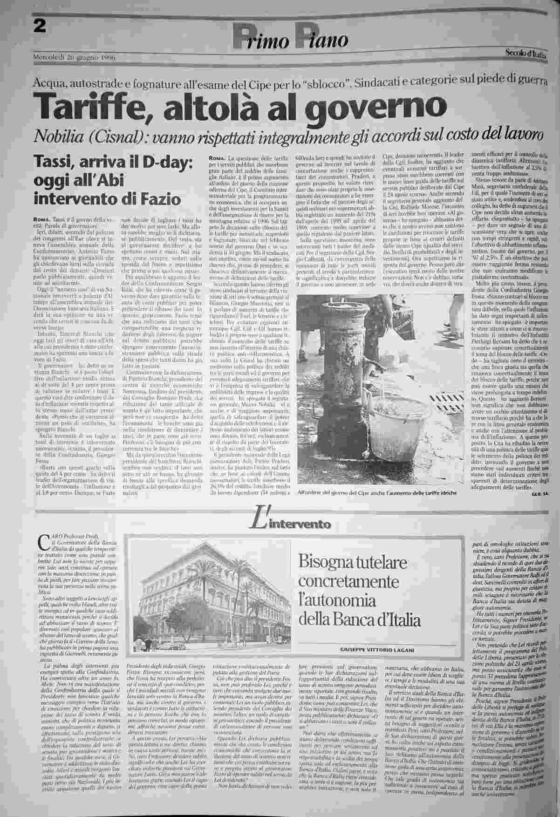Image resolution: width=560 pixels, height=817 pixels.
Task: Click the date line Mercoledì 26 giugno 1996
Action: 74,57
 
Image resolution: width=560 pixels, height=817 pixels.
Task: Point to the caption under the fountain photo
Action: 377,492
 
